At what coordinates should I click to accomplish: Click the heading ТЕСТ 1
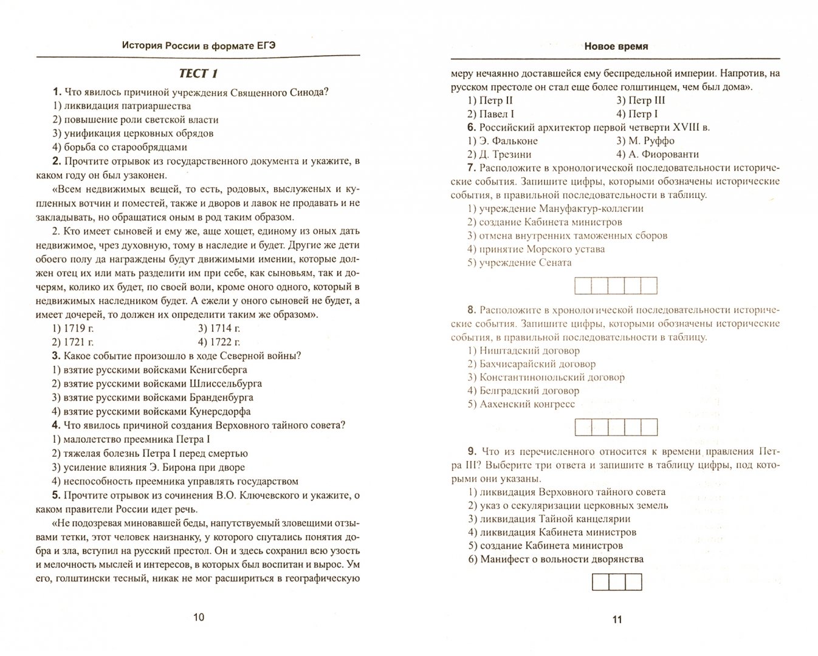[x=198, y=73]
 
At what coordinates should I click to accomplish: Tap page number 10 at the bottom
[x=199, y=617]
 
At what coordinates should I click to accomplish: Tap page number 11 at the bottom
[x=617, y=620]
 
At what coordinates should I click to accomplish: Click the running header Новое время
[x=616, y=46]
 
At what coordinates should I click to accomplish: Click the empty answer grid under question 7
[x=616, y=285]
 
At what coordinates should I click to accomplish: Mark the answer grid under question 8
[x=616, y=427]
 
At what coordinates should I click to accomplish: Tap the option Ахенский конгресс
[x=521, y=404]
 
